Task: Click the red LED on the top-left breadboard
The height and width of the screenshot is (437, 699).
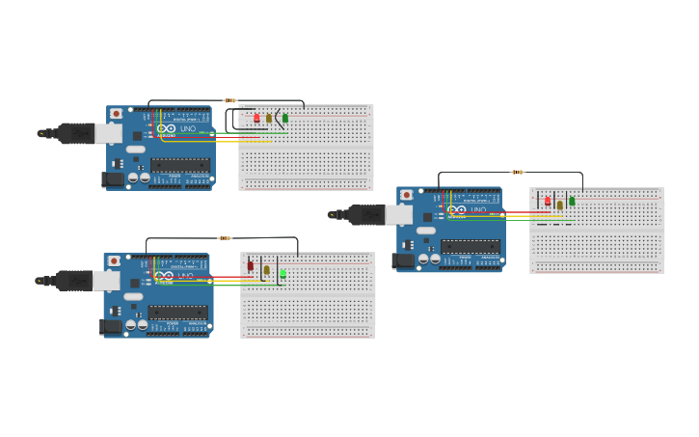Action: (x=256, y=118)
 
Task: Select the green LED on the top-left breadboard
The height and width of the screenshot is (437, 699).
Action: (x=284, y=118)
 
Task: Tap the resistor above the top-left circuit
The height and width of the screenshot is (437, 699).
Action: (x=229, y=100)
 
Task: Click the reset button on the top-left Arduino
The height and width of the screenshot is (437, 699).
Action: (x=117, y=114)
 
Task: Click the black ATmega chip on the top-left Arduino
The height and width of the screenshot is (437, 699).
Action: (x=180, y=165)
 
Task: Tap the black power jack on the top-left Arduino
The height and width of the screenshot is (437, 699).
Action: (x=113, y=178)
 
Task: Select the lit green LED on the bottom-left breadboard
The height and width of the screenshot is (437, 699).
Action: (x=282, y=274)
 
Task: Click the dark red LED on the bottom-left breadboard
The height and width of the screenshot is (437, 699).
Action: (x=250, y=266)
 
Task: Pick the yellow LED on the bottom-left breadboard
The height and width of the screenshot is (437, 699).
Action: (x=267, y=269)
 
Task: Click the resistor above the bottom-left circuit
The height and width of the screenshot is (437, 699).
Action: (x=225, y=238)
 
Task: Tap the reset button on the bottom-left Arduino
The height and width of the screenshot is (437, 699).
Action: (x=114, y=260)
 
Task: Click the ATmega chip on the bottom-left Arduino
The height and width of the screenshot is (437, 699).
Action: (x=178, y=312)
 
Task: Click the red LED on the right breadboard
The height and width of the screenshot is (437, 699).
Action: (x=548, y=202)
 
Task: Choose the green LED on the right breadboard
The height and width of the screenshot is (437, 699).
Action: (x=572, y=201)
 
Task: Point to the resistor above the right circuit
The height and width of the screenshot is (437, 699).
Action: (x=518, y=173)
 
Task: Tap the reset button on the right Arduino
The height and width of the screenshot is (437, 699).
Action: (x=407, y=195)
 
